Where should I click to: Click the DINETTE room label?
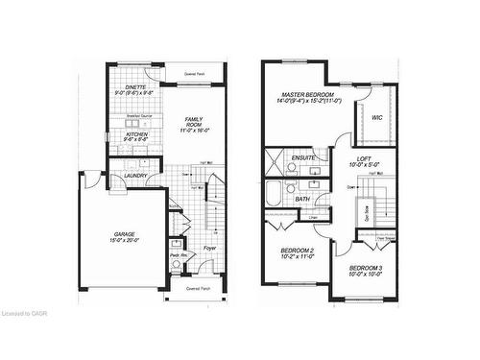pyautogui.click(x=133, y=86)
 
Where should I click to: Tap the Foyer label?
pyautogui.click(x=208, y=248)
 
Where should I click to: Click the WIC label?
pyautogui.click(x=376, y=118)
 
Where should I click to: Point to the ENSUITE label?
pyautogui.click(x=304, y=156)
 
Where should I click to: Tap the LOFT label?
pyautogui.click(x=363, y=158)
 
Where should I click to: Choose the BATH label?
pyautogui.click(x=301, y=199)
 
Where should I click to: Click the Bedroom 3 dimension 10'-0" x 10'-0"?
pyautogui.click(x=366, y=275)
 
